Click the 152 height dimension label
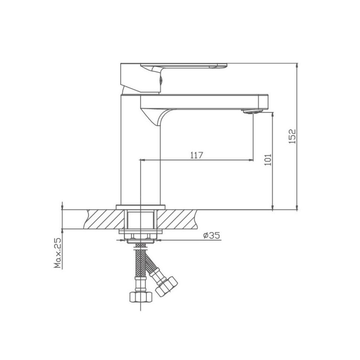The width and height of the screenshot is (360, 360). (x=292, y=136)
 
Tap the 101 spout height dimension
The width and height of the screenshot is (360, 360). (x=268, y=159)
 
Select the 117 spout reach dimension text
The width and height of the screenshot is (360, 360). (x=197, y=155)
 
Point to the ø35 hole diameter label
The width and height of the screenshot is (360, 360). (x=212, y=235)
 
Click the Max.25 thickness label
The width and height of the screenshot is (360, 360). (x=58, y=253)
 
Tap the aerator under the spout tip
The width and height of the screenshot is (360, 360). (x=252, y=112)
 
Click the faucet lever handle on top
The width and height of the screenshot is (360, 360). (x=174, y=78)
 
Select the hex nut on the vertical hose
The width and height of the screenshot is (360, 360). (x=141, y=297)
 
